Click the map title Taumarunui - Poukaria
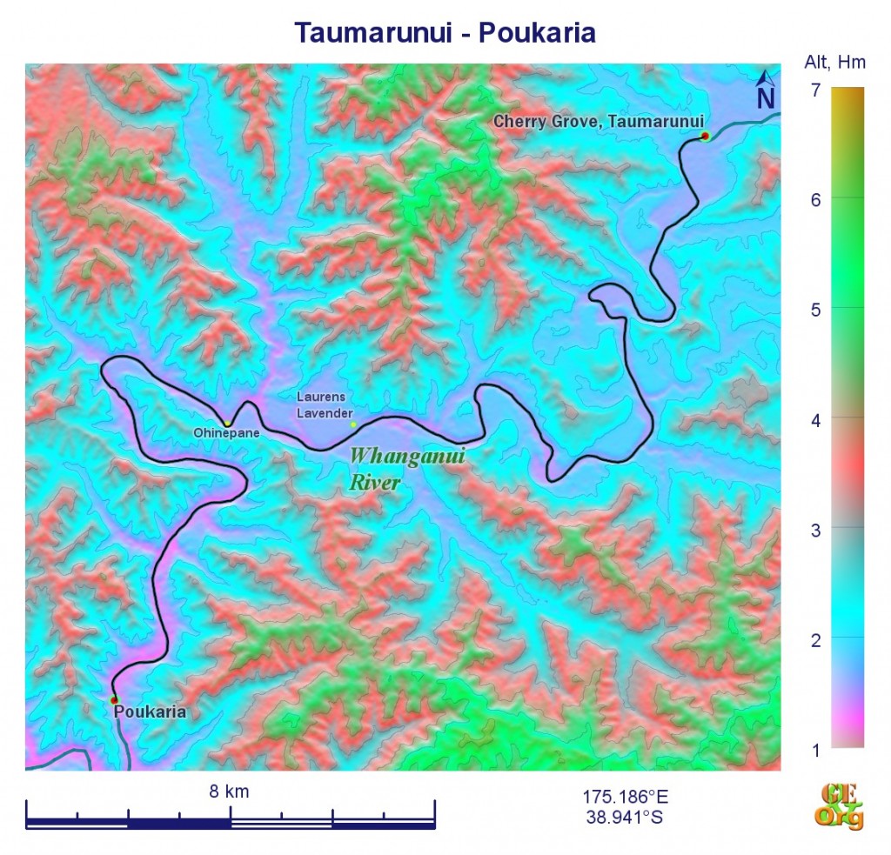click(x=445, y=32)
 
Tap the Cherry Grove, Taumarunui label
click(x=598, y=122)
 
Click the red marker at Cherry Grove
click(x=705, y=136)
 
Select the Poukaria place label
click(x=150, y=711)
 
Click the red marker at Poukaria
click(x=113, y=699)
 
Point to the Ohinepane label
click(x=226, y=433)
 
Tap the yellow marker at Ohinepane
click(x=227, y=424)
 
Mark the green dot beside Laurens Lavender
click(x=353, y=424)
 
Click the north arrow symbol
click(x=765, y=91)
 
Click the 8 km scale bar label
click(x=229, y=791)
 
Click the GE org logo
click(x=839, y=806)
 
